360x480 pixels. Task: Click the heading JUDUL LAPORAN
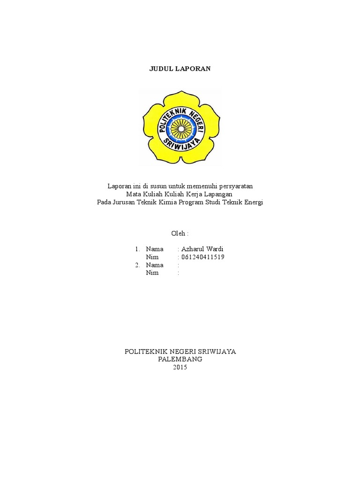click(180, 68)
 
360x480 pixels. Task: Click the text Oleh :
click(180, 233)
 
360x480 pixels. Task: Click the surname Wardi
click(215, 248)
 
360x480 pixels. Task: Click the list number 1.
click(137, 249)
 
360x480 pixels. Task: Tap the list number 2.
click(137, 265)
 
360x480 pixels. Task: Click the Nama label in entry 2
click(154, 265)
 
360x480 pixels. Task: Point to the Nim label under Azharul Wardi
click(152, 257)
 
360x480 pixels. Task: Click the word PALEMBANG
click(180, 359)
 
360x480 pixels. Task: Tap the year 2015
click(180, 367)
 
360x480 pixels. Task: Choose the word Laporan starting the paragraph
click(119, 186)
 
